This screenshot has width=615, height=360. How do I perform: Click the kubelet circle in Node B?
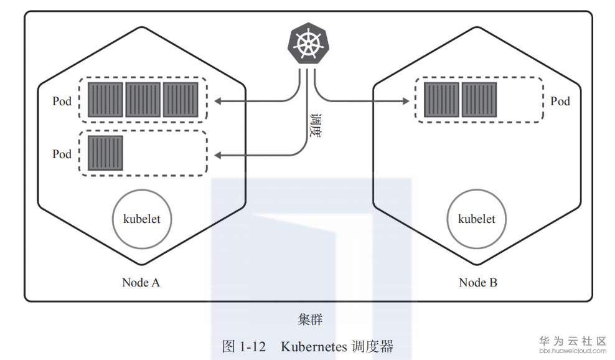point(476,219)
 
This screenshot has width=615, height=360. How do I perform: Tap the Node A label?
point(141,282)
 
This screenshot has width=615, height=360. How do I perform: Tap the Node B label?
point(477,282)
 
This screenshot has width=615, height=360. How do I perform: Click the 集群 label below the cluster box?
point(309,320)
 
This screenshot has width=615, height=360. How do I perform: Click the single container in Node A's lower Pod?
point(105,153)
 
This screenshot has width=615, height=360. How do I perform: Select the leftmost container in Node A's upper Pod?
point(105,100)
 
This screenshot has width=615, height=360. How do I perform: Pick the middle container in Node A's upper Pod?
point(143,100)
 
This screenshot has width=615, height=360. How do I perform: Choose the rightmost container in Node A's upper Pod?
point(181,100)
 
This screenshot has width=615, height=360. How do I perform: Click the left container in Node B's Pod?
point(441,100)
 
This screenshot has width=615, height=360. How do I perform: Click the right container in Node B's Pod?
point(479,100)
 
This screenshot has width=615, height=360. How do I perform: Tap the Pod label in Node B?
point(560,101)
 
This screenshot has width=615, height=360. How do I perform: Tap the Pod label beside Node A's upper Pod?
point(62,101)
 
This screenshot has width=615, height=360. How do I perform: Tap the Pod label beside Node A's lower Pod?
point(62,154)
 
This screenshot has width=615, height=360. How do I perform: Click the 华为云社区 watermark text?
point(572,341)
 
